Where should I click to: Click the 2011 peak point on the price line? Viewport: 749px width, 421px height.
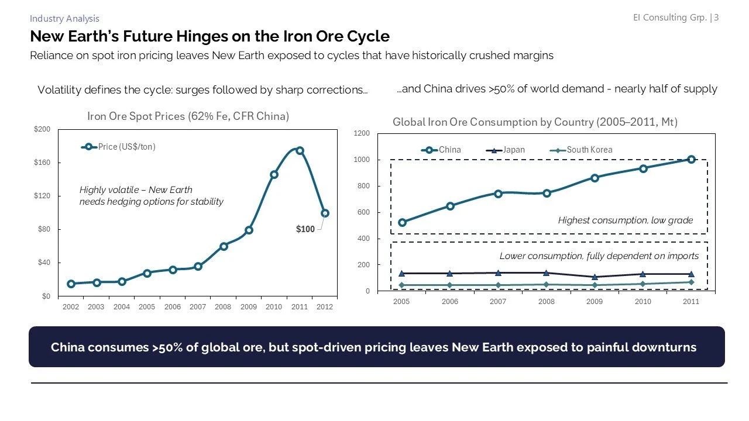pyautogui.click(x=300, y=150)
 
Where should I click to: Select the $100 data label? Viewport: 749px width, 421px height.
pyautogui.click(x=305, y=229)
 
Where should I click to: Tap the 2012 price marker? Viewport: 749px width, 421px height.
pyautogui.click(x=325, y=213)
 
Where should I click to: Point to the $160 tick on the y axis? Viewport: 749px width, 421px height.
pyautogui.click(x=42, y=162)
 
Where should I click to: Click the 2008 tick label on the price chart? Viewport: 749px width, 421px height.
pyautogui.click(x=223, y=307)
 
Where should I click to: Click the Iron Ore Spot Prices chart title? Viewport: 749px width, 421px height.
pyautogui.click(x=188, y=116)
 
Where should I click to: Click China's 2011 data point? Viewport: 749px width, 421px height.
pyautogui.click(x=691, y=159)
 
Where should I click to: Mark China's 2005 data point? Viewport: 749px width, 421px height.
pyautogui.click(x=402, y=222)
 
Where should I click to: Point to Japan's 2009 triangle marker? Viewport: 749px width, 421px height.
pyautogui.click(x=595, y=277)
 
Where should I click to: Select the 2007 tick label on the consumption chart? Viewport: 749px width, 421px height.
pyautogui.click(x=498, y=302)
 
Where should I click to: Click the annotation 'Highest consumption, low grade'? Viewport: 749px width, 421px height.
pyautogui.click(x=625, y=220)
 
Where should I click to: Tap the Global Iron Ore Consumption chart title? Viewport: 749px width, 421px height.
pyautogui.click(x=535, y=122)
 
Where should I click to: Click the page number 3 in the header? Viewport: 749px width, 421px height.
pyautogui.click(x=716, y=18)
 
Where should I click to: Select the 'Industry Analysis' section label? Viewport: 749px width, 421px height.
pyautogui.click(x=64, y=19)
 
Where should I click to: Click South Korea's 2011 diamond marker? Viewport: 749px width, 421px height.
pyautogui.click(x=691, y=282)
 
